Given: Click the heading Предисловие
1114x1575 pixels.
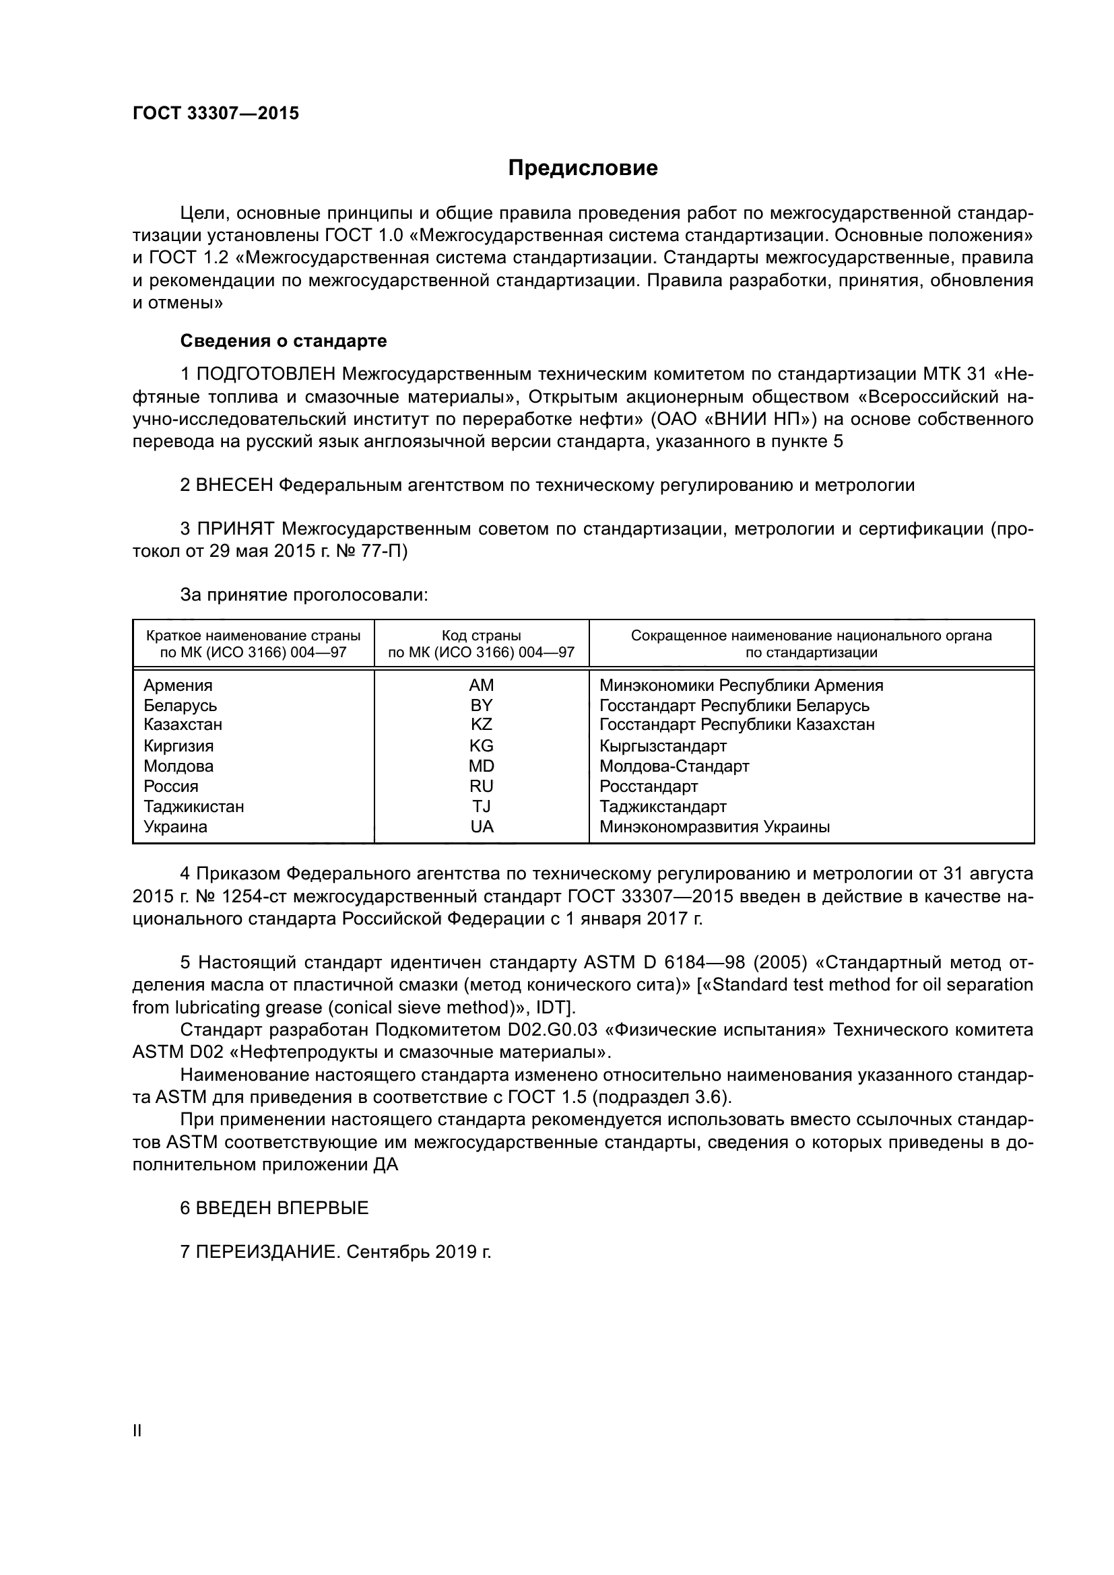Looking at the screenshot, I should pos(583,168).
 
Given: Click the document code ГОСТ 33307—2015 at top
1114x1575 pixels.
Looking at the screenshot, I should pos(216,114).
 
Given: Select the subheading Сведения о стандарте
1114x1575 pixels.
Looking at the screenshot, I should pos(284,341).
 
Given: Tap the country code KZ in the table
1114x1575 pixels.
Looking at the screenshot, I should pos(481,725).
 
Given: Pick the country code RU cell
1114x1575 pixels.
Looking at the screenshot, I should pos(481,786).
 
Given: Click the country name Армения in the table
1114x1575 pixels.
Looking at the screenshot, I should pos(178,685).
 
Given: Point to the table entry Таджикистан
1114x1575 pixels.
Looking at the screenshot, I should pos(193,806).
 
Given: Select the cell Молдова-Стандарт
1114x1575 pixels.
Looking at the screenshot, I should pos(674,766).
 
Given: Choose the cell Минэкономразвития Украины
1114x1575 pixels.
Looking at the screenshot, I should pos(714,827).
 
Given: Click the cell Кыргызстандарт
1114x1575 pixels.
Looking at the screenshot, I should pos(663,745).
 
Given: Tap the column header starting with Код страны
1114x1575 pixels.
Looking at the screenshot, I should pos(481,644).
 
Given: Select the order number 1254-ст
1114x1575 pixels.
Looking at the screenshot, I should pos(219,896).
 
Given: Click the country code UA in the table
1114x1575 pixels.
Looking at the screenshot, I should pos(481,827).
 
